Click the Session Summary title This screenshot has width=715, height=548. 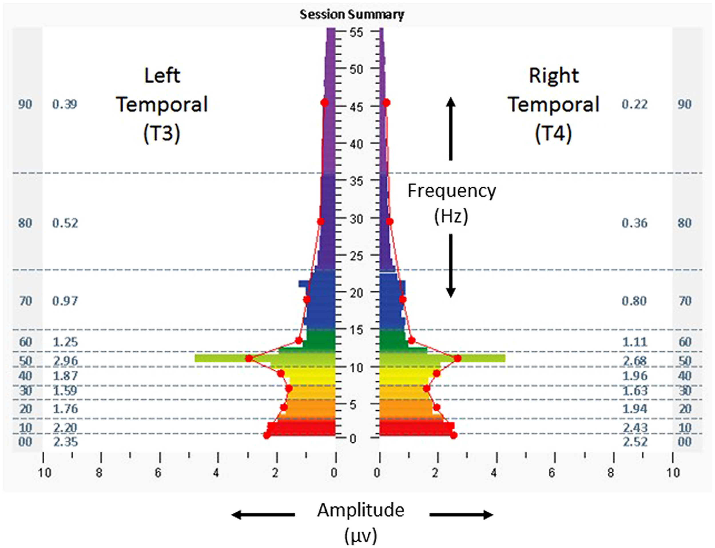click(x=352, y=15)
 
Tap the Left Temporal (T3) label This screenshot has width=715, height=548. click(x=162, y=104)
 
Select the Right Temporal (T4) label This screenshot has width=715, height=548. click(x=554, y=104)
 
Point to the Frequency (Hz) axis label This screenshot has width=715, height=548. click(x=452, y=203)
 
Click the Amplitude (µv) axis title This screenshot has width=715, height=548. click(x=361, y=522)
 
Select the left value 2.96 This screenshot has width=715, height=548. click(x=65, y=361)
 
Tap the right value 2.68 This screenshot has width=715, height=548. click(x=634, y=361)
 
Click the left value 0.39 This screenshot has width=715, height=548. click(x=65, y=104)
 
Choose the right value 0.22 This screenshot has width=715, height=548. click(x=634, y=104)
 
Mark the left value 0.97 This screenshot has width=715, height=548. click(x=65, y=301)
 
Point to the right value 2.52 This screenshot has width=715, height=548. click(x=634, y=442)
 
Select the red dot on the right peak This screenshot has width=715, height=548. click(x=458, y=358)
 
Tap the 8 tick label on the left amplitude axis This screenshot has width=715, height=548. click(x=99, y=473)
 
